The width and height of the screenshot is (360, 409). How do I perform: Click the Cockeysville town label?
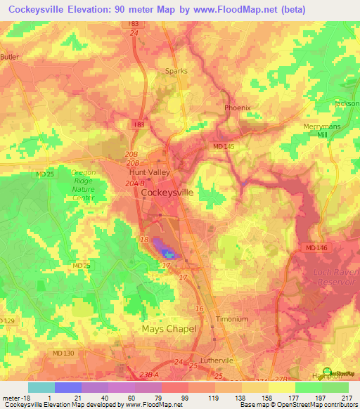(167, 191)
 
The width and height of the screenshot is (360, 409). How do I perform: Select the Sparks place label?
(176, 71)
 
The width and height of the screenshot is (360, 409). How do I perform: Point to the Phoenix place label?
(237, 108)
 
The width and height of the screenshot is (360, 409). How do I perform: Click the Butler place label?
(9, 57)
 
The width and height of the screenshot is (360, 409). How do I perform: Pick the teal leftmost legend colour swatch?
(41, 387)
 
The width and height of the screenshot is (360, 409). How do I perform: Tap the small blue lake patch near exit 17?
(166, 253)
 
